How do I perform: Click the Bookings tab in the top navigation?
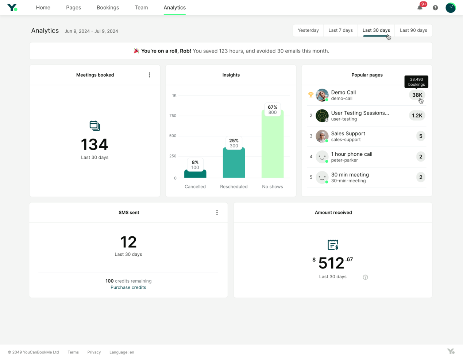click(108, 8)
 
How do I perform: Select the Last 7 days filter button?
click(340, 30)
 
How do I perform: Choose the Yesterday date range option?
click(308, 30)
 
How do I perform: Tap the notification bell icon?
click(420, 8)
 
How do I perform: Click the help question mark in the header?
click(435, 8)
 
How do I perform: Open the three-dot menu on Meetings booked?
click(149, 75)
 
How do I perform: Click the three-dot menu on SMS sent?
click(217, 212)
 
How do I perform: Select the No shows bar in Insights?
click(272, 146)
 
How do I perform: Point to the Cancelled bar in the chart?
click(195, 174)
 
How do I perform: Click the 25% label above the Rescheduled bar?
click(234, 140)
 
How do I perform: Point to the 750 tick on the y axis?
click(173, 116)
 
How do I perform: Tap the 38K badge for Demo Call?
click(417, 95)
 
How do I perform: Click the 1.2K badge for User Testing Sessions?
click(417, 116)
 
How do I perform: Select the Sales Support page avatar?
click(322, 136)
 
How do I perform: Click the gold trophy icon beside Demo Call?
click(311, 95)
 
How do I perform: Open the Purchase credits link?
click(128, 287)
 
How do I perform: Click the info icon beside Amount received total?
click(365, 277)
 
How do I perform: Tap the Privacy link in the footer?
click(94, 352)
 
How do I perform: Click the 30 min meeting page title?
click(350, 175)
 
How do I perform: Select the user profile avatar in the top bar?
click(451, 8)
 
